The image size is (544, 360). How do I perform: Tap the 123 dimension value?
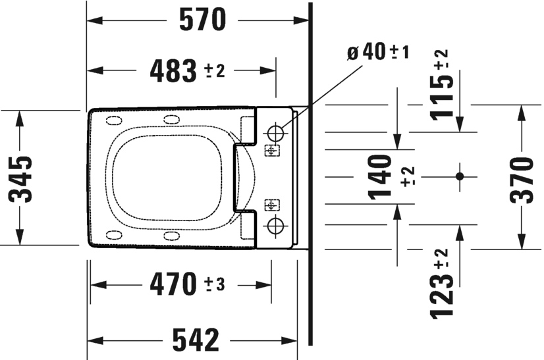[444, 294]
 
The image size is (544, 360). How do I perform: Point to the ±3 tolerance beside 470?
[215, 285]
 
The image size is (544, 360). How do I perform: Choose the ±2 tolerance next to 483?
[215, 70]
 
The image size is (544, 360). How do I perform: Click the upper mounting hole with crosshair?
[275, 131]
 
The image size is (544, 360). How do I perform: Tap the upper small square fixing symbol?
[271, 151]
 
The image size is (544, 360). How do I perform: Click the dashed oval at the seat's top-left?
[114, 120]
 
